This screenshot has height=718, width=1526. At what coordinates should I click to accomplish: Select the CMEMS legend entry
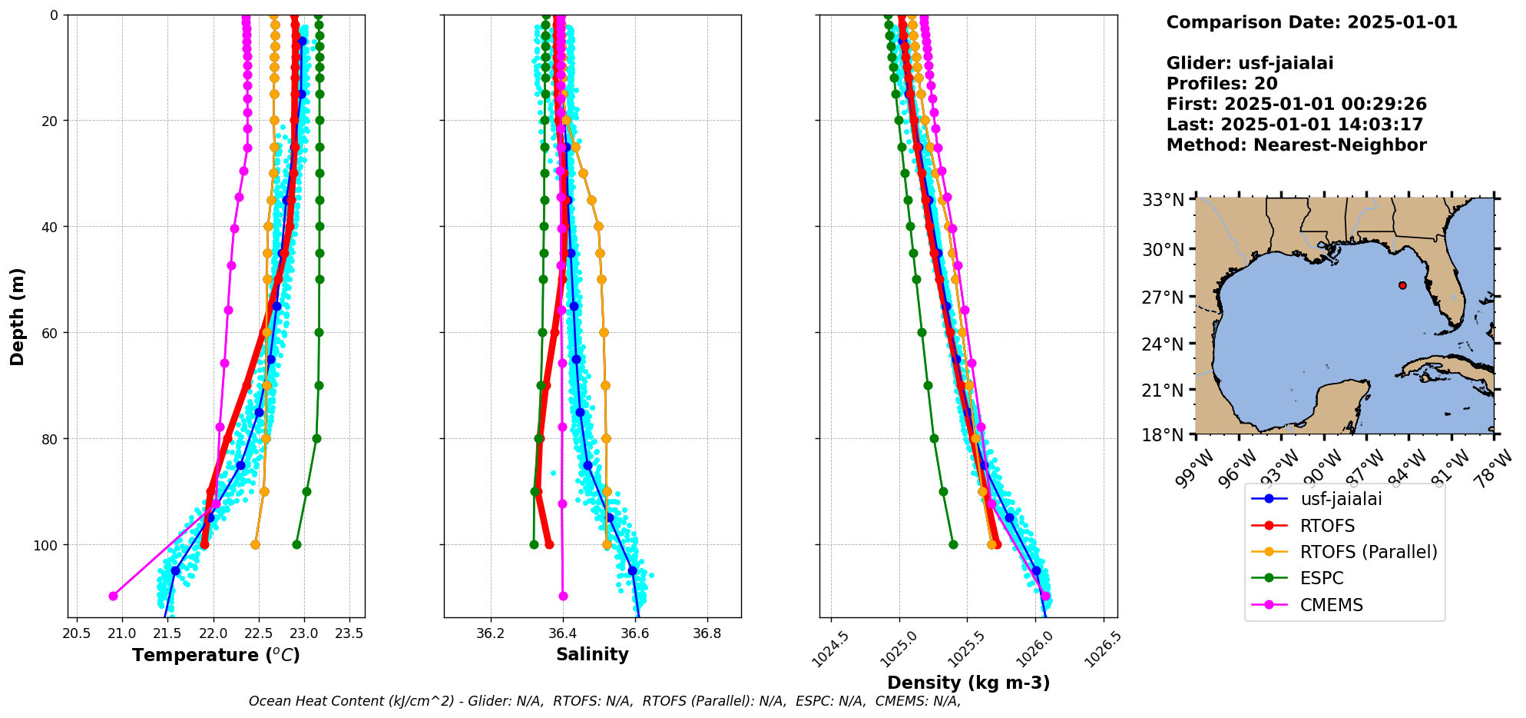pyautogui.click(x=1331, y=605)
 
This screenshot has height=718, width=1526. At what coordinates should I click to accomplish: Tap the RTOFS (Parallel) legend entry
pyautogui.click(x=1368, y=552)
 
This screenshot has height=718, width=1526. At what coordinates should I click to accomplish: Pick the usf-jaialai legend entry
pyautogui.click(x=1340, y=499)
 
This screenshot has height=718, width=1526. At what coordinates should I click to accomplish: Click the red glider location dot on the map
pyautogui.click(x=1402, y=285)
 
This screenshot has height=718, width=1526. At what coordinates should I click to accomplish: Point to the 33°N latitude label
pyautogui.click(x=1163, y=201)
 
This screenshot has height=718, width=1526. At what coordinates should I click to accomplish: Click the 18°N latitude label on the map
pyautogui.click(x=1163, y=435)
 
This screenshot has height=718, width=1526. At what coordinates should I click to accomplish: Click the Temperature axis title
pyautogui.click(x=216, y=655)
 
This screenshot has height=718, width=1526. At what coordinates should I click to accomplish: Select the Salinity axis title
pyautogui.click(x=592, y=654)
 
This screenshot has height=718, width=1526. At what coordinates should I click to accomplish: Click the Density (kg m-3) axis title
pyautogui.click(x=968, y=683)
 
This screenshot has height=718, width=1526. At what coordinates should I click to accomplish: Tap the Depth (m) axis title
pyautogui.click(x=18, y=316)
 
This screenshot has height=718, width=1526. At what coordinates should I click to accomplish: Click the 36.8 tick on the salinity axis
pyautogui.click(x=707, y=634)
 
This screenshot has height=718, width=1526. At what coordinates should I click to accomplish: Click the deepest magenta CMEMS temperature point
pyautogui.click(x=114, y=596)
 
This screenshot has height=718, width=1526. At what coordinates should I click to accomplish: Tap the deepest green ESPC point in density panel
pyautogui.click(x=953, y=544)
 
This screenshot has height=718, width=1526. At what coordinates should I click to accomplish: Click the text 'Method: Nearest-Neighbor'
pyautogui.click(x=1296, y=145)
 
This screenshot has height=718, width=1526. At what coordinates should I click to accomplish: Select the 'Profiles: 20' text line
pyautogui.click(x=1221, y=84)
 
